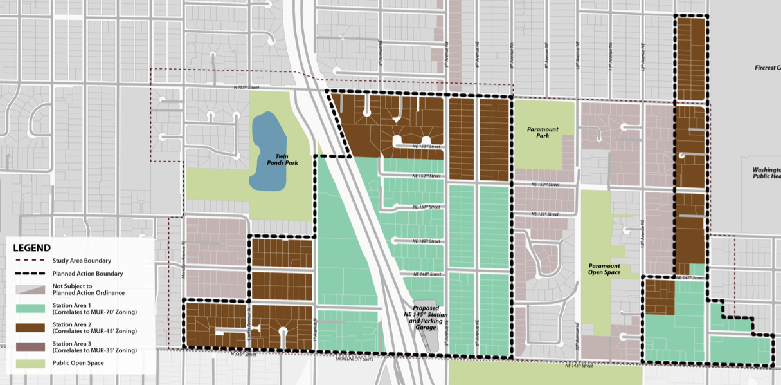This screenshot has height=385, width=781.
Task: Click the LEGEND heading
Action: [32, 248]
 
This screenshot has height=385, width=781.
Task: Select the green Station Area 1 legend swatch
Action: [30, 309]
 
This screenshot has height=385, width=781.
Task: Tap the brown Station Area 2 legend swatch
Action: [30, 327]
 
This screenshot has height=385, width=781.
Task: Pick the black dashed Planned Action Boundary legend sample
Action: [30, 274]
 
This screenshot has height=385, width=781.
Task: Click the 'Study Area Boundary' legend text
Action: [82, 261]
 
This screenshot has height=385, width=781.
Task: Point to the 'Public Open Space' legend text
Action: [78, 363]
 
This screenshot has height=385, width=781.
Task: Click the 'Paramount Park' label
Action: [543, 133]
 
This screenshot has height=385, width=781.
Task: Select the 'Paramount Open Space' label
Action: [604, 269]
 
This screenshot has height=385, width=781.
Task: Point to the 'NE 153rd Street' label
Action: [426, 146]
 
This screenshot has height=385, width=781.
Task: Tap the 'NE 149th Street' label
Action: [426, 241]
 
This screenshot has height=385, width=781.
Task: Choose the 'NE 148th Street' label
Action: [426, 274]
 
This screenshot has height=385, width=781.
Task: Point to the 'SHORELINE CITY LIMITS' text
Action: [357, 359]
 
